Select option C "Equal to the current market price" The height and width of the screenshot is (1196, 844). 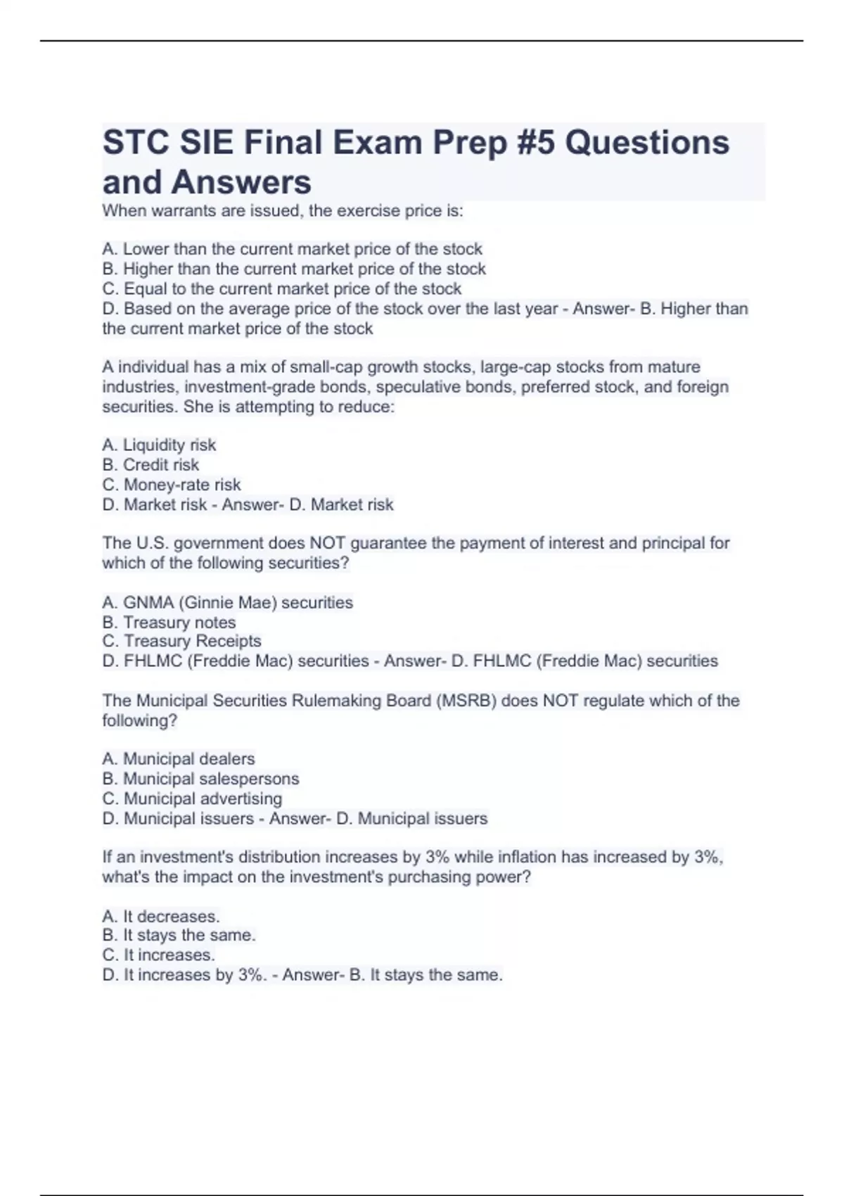tap(281, 289)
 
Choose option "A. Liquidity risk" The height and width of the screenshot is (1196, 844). tap(159, 445)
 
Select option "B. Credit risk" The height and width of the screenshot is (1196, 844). tap(151, 465)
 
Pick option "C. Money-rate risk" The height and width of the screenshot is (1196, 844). tap(172, 485)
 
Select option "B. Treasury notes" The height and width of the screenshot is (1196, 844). tap(169, 623)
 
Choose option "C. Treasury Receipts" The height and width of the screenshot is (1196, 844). tap(181, 641)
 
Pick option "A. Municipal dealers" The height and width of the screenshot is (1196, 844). tap(179, 759)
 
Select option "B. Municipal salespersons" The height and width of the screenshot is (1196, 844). tap(200, 779)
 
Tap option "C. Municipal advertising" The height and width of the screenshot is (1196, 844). tap(192, 799)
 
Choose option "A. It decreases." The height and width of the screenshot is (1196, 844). tap(161, 917)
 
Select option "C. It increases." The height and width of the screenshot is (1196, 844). tap(159, 955)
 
